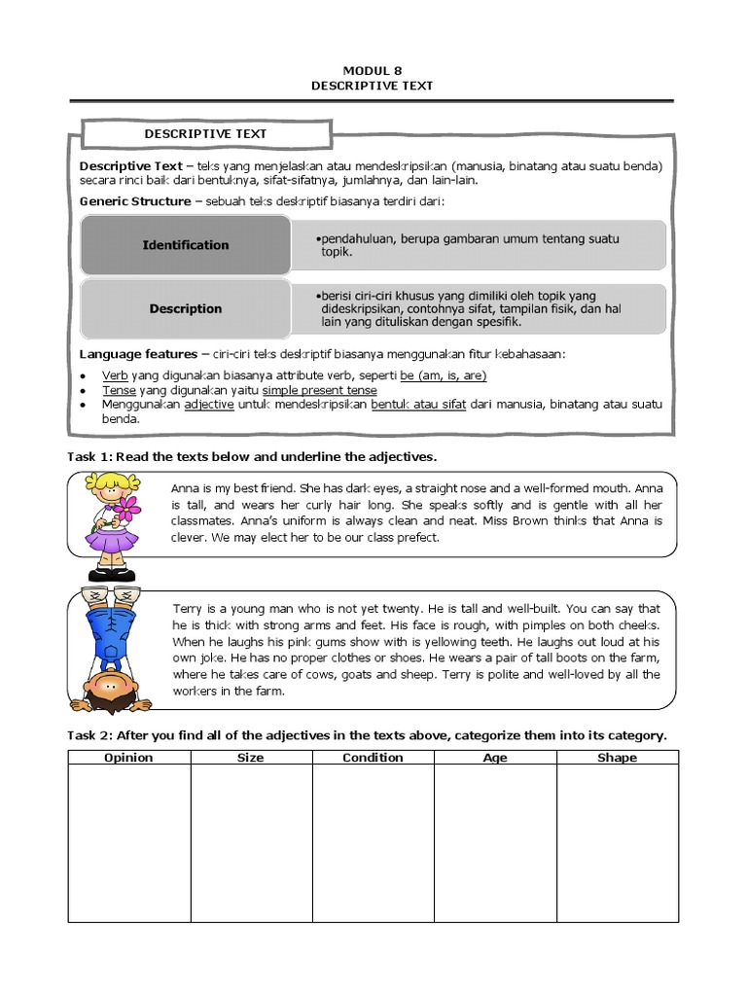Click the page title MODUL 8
[372, 70]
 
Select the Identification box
[185, 245]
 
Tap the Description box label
[185, 308]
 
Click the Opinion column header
[128, 758]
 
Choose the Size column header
[250, 758]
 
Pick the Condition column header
[373, 758]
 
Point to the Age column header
[495, 758]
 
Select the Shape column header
[618, 758]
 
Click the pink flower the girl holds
[126, 507]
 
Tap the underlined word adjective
[209, 405]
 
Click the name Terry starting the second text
[188, 608]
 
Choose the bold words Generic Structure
[134, 201]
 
